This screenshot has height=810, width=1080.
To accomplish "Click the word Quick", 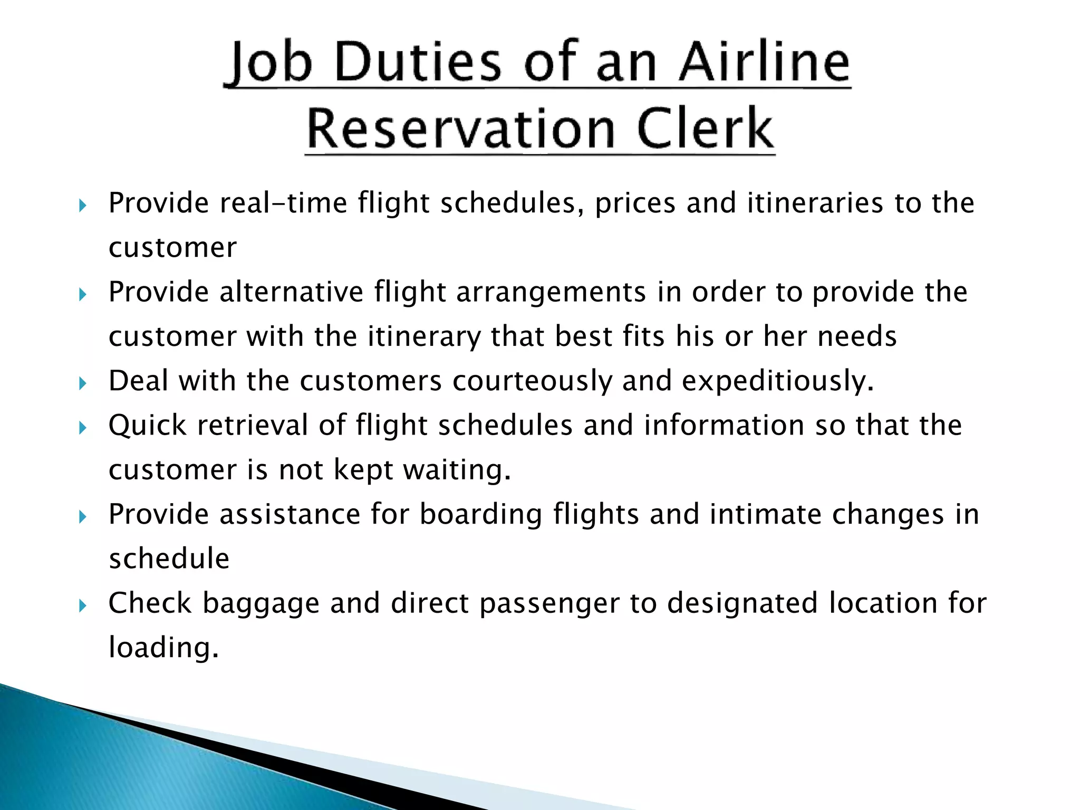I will click(148, 426).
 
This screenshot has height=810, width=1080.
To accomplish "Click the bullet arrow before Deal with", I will click(82, 383).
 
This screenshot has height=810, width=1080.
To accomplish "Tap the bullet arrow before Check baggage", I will click(82, 606).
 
